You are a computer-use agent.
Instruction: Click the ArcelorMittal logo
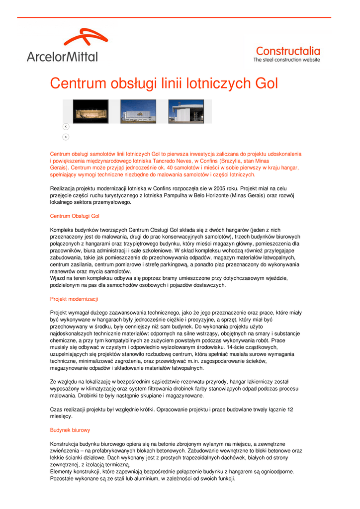(x=62, y=46)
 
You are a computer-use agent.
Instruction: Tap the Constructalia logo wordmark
(x=287, y=51)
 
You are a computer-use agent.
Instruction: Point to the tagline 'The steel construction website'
(x=286, y=60)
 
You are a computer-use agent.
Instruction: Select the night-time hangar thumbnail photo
(x=90, y=111)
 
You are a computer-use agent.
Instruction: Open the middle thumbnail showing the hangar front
(x=138, y=111)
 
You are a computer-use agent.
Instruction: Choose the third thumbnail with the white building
(x=185, y=111)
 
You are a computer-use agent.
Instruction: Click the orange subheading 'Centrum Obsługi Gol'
(x=75, y=216)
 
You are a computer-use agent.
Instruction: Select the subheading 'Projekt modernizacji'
(x=74, y=299)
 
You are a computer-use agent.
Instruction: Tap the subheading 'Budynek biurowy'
(x=70, y=429)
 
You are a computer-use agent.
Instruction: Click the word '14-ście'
(x=236, y=347)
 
